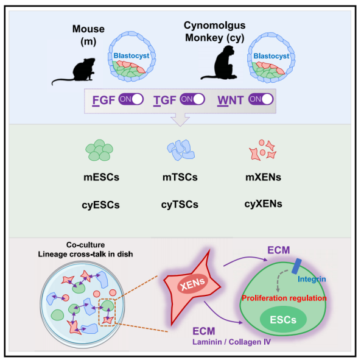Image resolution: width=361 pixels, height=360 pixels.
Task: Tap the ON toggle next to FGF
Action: point(131,99)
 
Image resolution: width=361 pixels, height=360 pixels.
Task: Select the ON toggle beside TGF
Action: point(192,99)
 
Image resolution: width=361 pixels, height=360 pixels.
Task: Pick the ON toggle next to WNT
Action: point(261,99)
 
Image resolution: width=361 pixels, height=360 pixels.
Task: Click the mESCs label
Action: point(101,177)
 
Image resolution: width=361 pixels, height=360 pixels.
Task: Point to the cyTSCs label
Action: point(180,205)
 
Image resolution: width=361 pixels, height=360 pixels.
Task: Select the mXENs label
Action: point(264,177)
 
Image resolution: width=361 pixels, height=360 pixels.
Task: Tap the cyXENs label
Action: point(264,204)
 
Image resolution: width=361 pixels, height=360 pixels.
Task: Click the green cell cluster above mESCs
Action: point(99,150)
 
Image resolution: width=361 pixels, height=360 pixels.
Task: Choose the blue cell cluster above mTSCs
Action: point(181,150)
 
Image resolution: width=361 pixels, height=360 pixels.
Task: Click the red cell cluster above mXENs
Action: point(263,150)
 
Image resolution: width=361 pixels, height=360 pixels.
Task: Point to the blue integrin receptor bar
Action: point(296,266)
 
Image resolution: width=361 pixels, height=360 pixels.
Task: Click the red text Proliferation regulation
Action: point(284,298)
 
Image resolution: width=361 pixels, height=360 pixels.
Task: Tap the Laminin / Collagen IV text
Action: point(231,342)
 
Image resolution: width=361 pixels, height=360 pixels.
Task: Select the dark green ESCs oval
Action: point(283,319)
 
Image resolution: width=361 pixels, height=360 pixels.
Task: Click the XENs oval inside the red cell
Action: point(193,283)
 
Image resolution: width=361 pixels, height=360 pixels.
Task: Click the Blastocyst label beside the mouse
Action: point(131,55)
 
